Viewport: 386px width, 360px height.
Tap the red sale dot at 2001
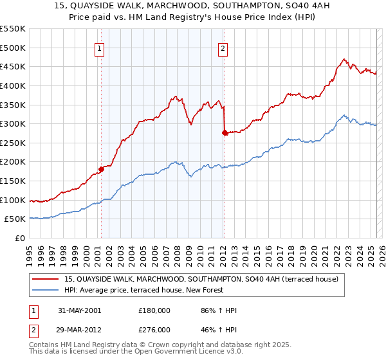101,170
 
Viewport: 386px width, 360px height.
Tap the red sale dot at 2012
225,133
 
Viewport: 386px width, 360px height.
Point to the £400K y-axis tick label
13,85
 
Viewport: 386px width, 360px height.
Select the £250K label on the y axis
13,143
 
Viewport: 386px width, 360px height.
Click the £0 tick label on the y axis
19,238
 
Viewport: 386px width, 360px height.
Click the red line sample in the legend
46,279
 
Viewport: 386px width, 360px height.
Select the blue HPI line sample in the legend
46,290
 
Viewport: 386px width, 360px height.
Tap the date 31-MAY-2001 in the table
79,310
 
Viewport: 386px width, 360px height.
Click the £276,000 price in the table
154,330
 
